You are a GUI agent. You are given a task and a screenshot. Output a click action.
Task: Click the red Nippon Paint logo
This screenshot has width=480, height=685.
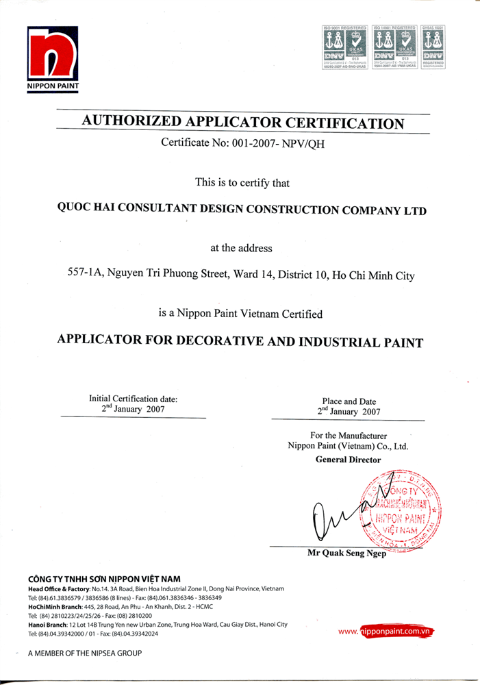53,55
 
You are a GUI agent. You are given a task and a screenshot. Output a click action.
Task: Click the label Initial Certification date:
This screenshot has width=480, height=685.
134,399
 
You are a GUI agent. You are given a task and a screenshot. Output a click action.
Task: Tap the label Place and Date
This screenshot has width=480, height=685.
349,402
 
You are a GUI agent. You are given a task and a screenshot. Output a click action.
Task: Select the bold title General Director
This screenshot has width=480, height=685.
348,460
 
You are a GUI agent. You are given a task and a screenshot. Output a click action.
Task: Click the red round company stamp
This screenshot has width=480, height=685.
398,510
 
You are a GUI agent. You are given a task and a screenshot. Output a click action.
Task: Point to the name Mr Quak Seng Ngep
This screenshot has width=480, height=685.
347,553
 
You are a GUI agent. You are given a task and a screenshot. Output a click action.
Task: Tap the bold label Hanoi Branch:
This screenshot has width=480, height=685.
47,625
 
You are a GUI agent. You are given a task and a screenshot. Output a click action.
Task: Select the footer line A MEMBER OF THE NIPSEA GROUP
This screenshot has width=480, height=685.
85,654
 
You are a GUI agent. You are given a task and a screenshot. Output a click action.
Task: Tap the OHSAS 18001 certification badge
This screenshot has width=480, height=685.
434,47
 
